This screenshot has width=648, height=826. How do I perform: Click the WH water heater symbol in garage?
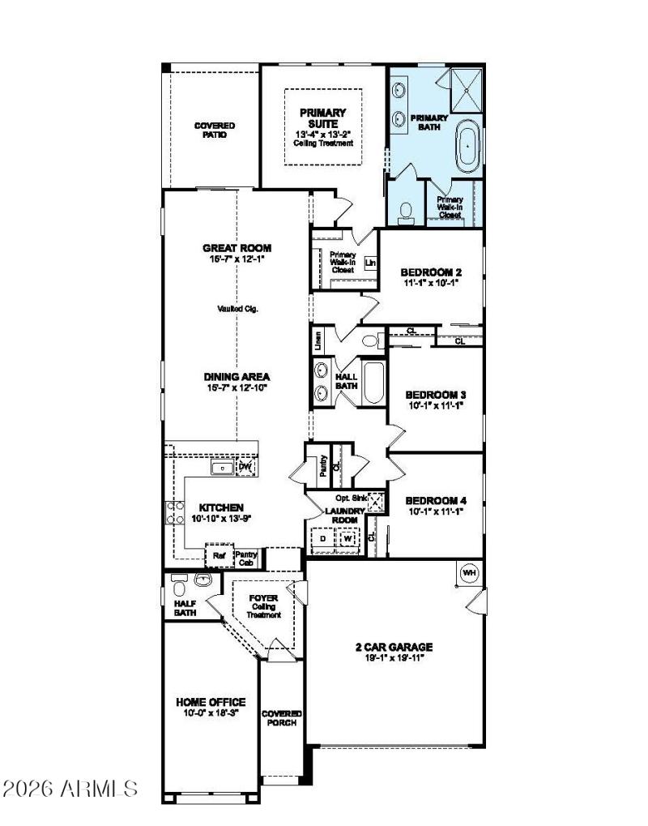467,573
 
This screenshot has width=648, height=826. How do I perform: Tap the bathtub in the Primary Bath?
467,146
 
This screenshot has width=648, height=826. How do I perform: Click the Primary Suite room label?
322,118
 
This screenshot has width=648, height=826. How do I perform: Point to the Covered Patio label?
215,130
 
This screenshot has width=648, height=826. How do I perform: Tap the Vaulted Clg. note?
237,308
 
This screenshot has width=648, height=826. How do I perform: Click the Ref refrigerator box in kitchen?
219,556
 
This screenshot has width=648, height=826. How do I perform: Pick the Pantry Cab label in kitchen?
245,558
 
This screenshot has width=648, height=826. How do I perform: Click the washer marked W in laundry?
347,537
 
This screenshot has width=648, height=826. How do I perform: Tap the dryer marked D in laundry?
322,537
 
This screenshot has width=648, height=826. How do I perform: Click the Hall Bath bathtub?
373,385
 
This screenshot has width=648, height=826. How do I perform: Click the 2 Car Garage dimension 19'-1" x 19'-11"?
394,657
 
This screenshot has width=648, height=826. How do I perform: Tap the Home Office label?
211,701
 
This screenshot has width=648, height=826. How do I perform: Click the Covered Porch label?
282,717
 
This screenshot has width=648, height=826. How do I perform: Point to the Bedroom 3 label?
435,395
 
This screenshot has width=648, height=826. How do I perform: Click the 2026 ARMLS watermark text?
70,787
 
